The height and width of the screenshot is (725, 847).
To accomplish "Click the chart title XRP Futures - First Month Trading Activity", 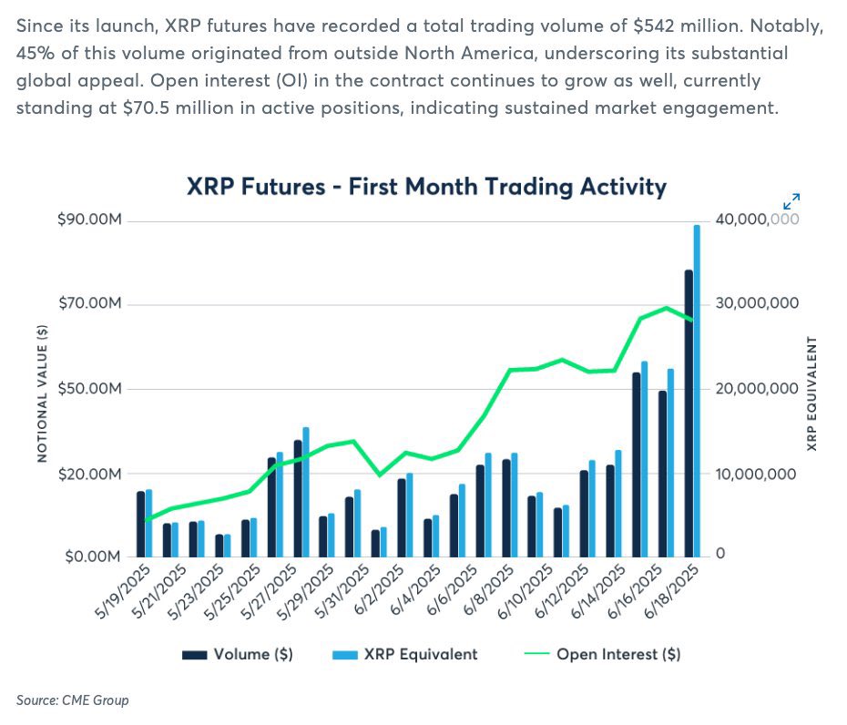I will tap(426, 187).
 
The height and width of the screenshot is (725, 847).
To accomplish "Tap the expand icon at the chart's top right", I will tap(791, 201).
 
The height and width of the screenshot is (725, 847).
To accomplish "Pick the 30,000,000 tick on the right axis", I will tap(757, 303).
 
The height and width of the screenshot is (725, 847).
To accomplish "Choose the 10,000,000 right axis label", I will tap(757, 475).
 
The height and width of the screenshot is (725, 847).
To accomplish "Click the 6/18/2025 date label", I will tap(675, 592).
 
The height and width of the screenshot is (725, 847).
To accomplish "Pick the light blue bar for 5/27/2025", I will tap(306, 491).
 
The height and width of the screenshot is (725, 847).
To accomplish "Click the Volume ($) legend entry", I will tap(238, 654).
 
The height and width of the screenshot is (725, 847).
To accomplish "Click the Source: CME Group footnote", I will tap(73, 700).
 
